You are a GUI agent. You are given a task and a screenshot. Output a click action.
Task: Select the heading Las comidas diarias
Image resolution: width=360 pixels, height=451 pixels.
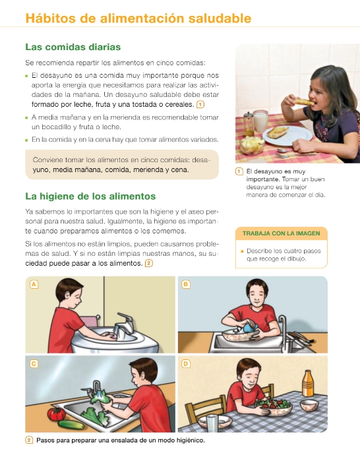point(73,47)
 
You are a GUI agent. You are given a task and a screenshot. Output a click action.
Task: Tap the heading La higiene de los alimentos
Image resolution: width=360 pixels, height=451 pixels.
point(90,196)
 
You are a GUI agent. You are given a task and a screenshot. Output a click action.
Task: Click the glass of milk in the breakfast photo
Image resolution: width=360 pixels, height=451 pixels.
point(260,121)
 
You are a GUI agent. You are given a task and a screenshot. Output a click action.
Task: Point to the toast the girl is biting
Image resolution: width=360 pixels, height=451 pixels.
point(304,102)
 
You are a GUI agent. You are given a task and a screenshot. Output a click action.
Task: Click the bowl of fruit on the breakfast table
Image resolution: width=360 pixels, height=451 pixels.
point(252,145)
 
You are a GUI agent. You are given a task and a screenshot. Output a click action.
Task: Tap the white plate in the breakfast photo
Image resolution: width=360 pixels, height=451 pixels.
point(287,135)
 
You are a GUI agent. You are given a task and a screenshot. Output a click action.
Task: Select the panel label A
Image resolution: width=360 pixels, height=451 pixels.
point(34,284)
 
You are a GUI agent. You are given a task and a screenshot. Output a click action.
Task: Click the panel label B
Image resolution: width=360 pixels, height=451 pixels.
point(186,284)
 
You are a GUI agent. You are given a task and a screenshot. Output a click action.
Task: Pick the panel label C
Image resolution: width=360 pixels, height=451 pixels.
point(34,364)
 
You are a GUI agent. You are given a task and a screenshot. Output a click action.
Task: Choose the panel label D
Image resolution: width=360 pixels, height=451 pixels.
point(186,364)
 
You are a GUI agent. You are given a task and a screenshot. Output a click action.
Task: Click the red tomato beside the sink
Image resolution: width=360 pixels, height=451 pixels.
point(56,414)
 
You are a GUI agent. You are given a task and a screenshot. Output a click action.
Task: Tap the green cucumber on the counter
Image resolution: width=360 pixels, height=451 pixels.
point(71,425)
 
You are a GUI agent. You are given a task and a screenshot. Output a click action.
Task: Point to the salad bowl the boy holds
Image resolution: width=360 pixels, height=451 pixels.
point(272,406)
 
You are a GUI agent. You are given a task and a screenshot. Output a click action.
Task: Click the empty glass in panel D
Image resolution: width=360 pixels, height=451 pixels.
point(212,423)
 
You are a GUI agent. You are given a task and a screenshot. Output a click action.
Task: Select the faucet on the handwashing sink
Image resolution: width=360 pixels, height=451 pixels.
point(125,324)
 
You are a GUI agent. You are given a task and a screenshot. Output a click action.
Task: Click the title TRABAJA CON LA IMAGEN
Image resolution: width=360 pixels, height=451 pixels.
point(282,233)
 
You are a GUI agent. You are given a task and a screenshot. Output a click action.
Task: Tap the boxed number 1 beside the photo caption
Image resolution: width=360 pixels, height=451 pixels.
point(239,171)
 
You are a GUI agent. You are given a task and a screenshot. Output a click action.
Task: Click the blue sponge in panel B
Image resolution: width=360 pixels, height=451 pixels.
point(250,328)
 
